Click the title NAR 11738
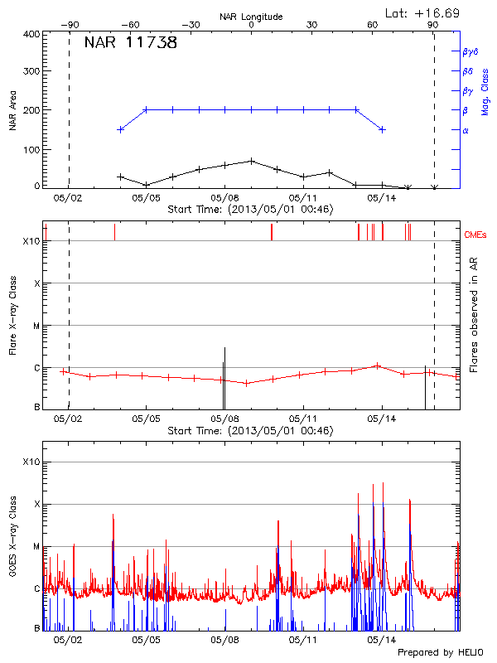[130, 44]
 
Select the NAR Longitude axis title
[251, 16]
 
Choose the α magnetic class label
[465, 130]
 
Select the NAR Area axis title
[13, 111]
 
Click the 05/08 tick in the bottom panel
[224, 640]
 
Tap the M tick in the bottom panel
[36, 547]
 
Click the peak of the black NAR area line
[251, 161]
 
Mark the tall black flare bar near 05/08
[224, 377]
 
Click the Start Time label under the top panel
[250, 211]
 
